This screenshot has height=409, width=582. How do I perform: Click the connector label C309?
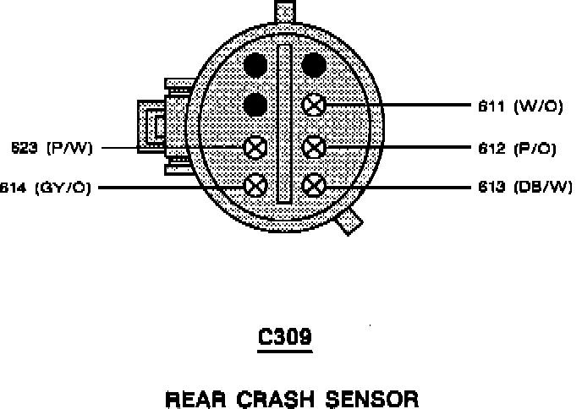point(284,338)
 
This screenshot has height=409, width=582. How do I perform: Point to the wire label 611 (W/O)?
point(516,106)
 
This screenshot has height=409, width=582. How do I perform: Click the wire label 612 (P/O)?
point(516,148)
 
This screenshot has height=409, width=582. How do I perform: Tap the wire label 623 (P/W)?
point(51,148)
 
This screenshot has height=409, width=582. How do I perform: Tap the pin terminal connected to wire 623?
point(255,147)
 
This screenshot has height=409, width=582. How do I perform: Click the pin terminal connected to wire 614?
point(255,185)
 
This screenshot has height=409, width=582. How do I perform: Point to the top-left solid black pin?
point(255,64)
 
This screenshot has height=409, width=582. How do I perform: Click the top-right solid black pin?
point(314,64)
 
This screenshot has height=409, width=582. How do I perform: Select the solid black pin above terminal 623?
point(255,104)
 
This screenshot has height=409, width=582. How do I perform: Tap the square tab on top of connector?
point(285,12)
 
